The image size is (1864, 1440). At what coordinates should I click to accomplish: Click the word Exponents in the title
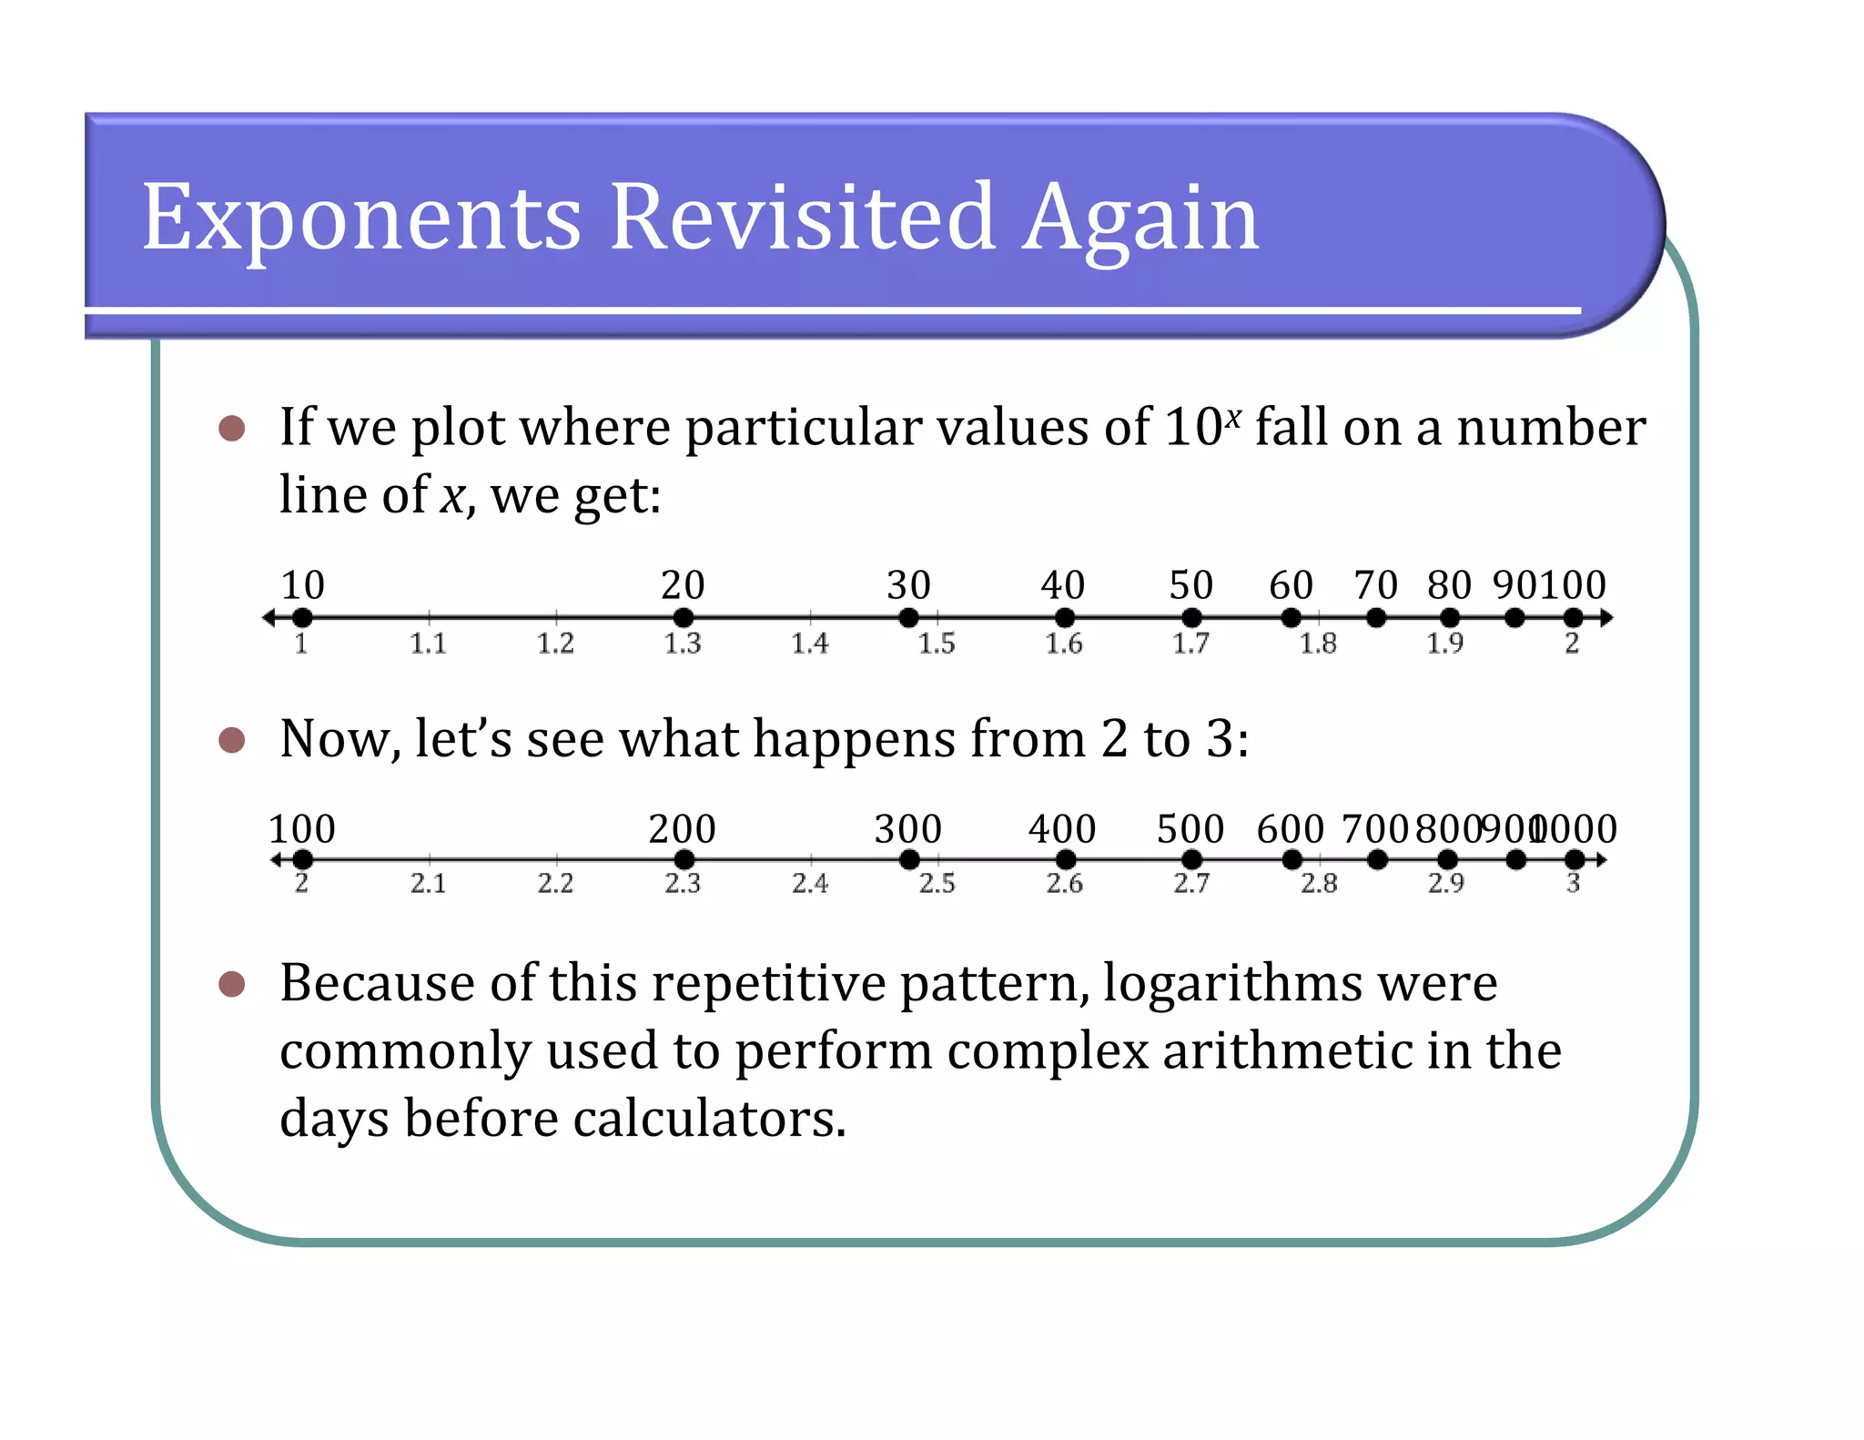click(361, 218)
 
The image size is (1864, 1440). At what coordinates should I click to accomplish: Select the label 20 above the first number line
click(683, 584)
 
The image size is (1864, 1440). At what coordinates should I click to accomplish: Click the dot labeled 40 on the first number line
click(1064, 618)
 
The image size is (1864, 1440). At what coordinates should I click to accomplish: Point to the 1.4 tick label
click(809, 644)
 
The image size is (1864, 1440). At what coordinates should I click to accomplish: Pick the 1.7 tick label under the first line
click(1190, 644)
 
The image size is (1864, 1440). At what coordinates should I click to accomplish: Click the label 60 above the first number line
click(1291, 584)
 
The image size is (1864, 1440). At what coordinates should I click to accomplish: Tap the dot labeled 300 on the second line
click(908, 859)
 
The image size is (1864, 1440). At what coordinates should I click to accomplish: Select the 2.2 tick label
click(555, 883)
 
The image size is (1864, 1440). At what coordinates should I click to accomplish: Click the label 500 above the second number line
click(1190, 829)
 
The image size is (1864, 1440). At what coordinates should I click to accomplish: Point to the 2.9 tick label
click(1445, 883)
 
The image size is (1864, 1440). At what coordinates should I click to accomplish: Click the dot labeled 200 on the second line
click(684, 859)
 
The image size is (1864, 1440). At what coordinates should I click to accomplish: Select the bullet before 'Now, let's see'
click(232, 740)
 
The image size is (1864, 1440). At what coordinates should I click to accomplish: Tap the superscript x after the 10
click(1232, 416)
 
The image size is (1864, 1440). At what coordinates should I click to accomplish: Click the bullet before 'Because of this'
click(232, 984)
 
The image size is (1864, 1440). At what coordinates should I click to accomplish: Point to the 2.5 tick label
click(937, 883)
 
